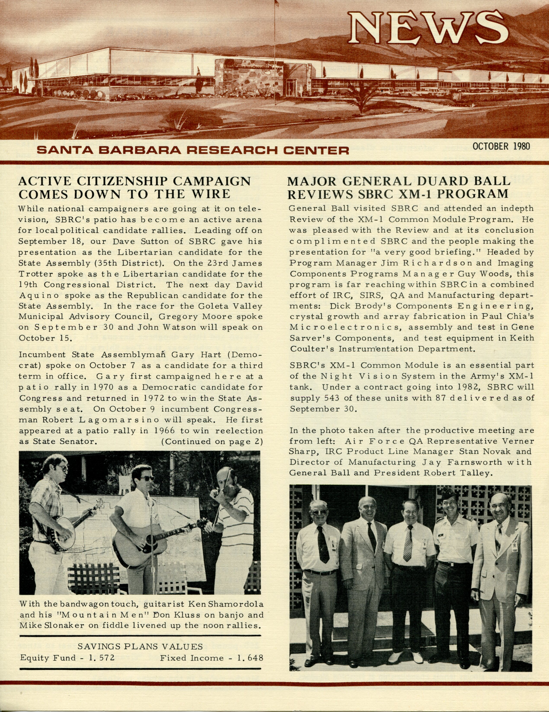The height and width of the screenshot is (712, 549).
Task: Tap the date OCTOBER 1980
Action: (501, 146)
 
